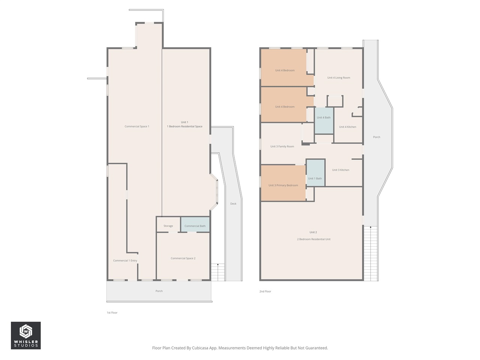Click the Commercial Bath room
pyautogui.click(x=195, y=225)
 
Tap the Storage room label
pyautogui.click(x=168, y=226)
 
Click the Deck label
pyautogui.click(x=233, y=204)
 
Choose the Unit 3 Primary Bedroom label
pyautogui.click(x=283, y=185)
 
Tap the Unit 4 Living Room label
pyautogui.click(x=339, y=78)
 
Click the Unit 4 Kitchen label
pyautogui.click(x=348, y=127)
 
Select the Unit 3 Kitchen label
pyautogui.click(x=340, y=170)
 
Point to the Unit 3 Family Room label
pyautogui.click(x=282, y=146)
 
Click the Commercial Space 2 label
pyautogui.click(x=183, y=258)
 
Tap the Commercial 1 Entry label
pyautogui.click(x=125, y=260)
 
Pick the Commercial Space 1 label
pyautogui.click(x=137, y=126)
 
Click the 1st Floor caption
pyautogui.click(x=112, y=312)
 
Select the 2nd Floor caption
pyautogui.click(x=265, y=291)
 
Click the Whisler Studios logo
pyautogui.click(x=26, y=335)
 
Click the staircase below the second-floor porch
pyautogui.click(x=370, y=253)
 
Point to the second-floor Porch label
pyautogui.click(x=376, y=137)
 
